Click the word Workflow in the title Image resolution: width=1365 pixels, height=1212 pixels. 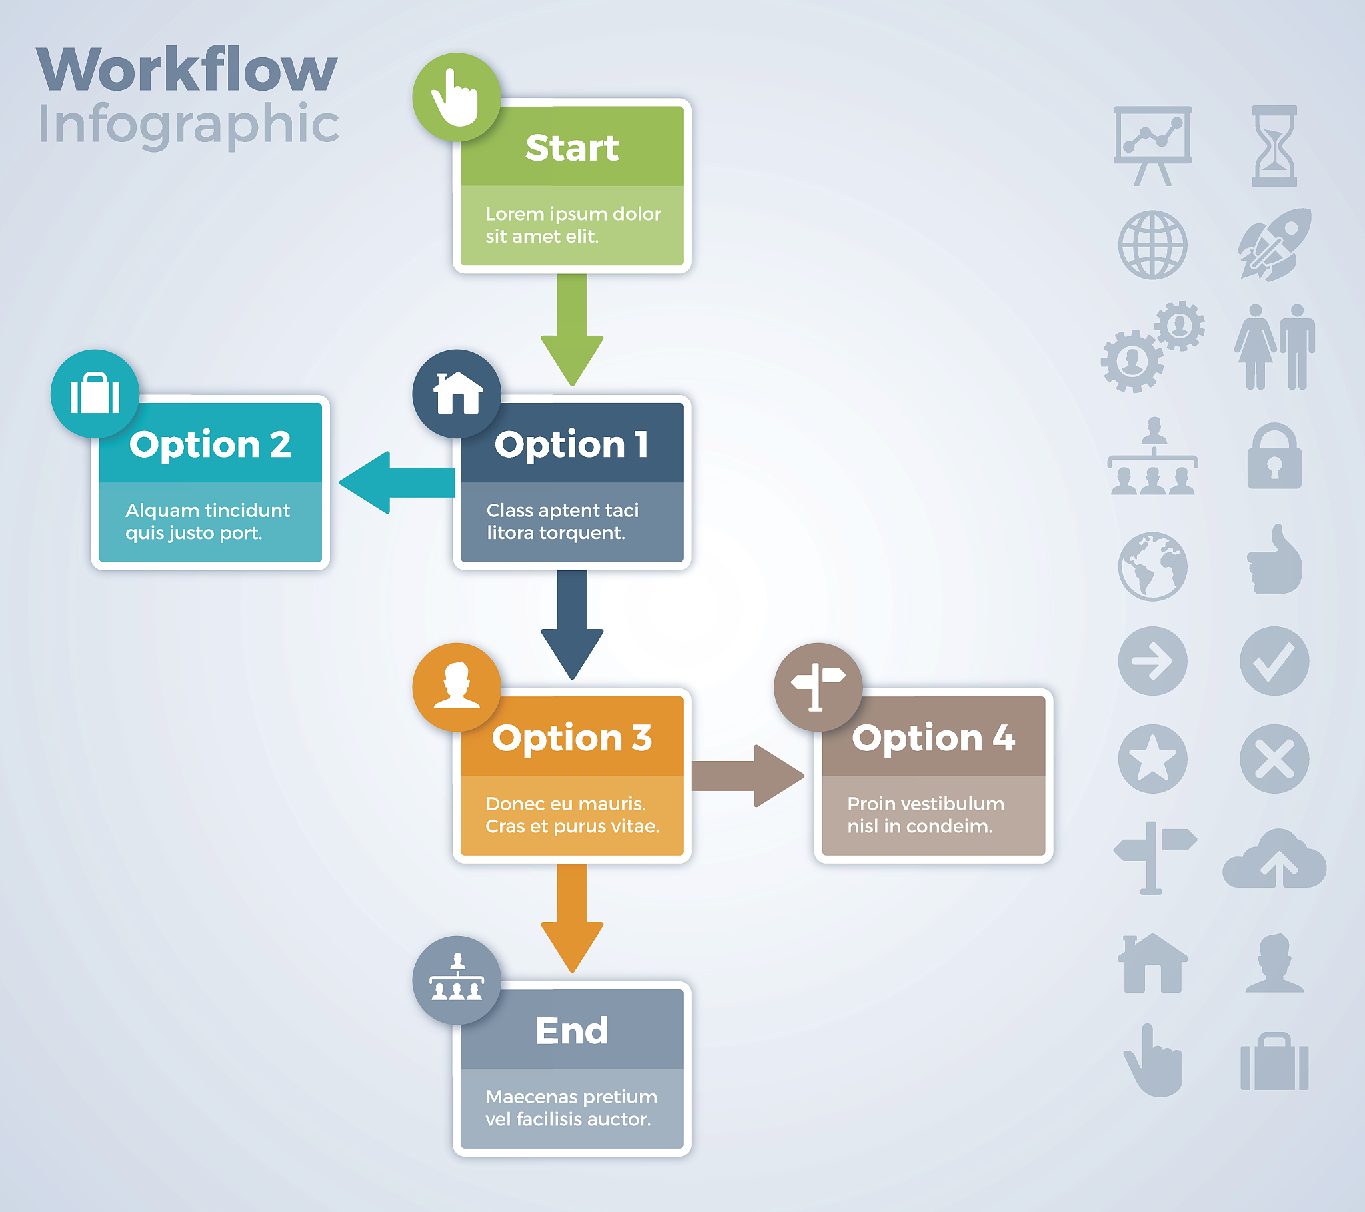coord(187,69)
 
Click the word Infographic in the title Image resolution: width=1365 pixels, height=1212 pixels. coord(189,125)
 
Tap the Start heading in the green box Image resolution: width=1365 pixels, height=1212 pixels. coord(572,147)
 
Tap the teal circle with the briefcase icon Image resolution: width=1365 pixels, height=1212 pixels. coord(95,393)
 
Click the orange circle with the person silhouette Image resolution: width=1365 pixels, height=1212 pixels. coord(456,686)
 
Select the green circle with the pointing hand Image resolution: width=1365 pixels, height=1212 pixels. coord(456,97)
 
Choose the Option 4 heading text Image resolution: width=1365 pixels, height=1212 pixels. coord(933,738)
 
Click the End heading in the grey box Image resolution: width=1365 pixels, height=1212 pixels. coord(572,1031)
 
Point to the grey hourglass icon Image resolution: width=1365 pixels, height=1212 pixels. coord(1274,145)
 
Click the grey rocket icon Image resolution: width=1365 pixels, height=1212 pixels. coord(1274,245)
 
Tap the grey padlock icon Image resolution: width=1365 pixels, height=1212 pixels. coord(1274,457)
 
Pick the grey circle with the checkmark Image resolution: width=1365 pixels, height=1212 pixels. coord(1274,661)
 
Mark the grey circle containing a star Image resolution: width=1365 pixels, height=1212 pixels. coord(1152,759)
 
